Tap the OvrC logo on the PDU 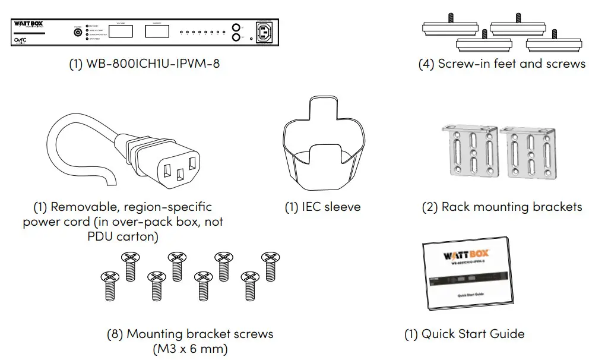pos(22,41)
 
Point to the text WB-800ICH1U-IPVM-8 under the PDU pos(144,64)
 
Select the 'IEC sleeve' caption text pos(324,207)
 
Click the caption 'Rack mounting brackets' pos(502,207)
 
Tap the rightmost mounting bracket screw pos(270,266)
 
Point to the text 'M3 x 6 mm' pos(190,348)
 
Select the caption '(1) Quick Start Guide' pos(464,334)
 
